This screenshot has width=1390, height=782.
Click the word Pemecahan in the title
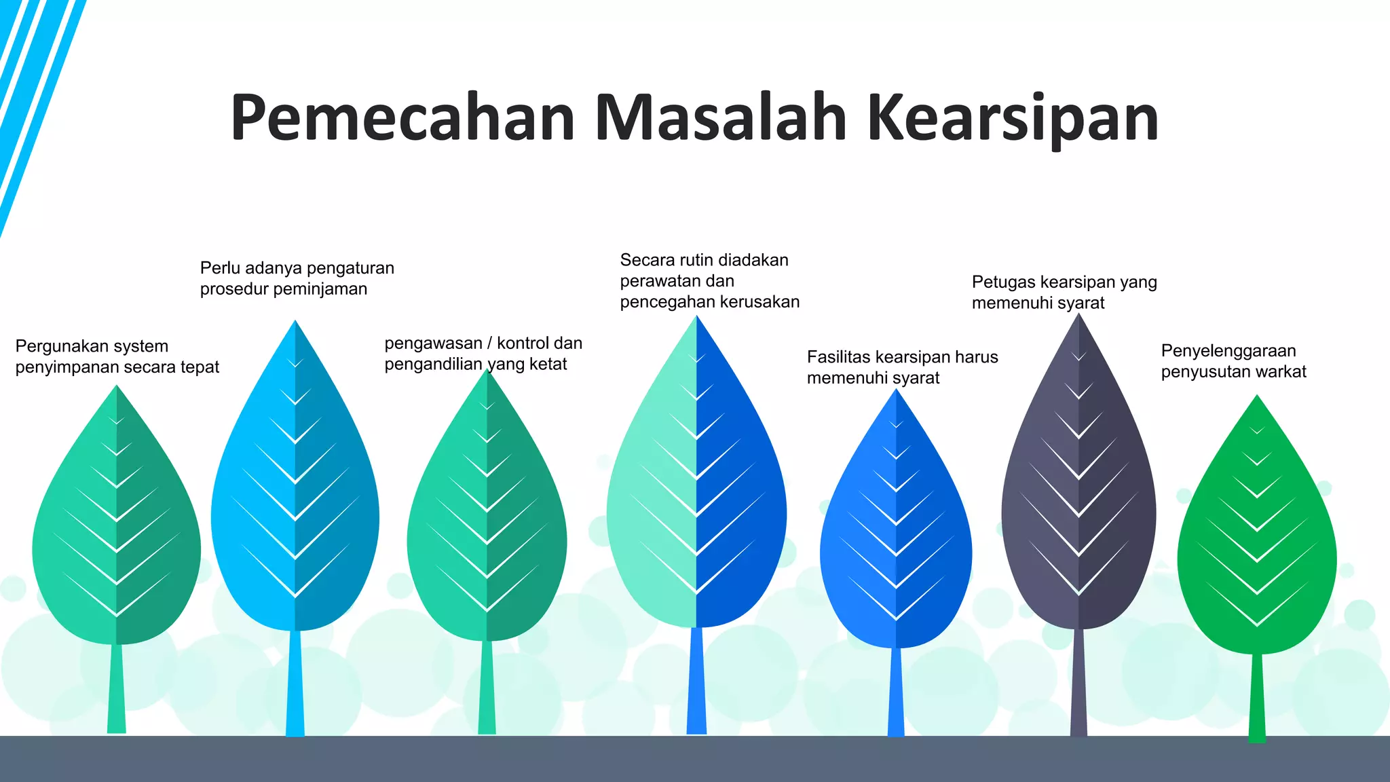402,118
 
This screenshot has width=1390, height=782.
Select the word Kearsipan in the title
1013,118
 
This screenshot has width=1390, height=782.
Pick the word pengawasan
433,343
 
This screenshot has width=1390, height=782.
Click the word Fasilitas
839,357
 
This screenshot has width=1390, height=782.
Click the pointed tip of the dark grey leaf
1079,316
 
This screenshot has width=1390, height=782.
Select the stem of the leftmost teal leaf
117,688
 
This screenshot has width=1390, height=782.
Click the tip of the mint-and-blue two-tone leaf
696,318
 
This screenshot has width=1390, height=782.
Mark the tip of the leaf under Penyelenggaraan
1257,397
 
